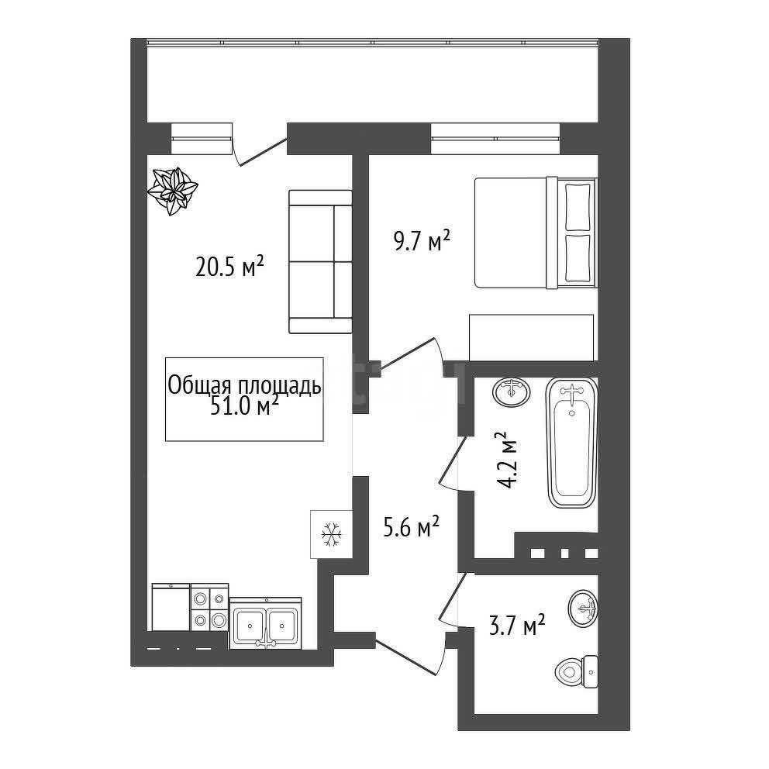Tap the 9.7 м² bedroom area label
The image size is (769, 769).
pos(422,241)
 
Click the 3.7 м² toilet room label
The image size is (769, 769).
pos(517,626)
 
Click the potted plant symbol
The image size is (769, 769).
pos(173,190)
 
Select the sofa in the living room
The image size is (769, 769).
pos(320,262)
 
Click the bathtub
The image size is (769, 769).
pos(571,443)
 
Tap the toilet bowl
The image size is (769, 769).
pos(576,671)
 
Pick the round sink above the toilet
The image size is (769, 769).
pos(583,608)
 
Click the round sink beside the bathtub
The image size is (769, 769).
pos(512,391)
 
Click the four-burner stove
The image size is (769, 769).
pos(209,607)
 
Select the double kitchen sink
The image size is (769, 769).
pos(265,625)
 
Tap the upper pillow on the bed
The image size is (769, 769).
pos(578,206)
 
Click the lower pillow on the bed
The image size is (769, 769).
pos(578,258)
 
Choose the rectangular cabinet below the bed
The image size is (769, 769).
pos(532,337)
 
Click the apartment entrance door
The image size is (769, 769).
pos(409,655)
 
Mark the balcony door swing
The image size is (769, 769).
pos(258,152)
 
